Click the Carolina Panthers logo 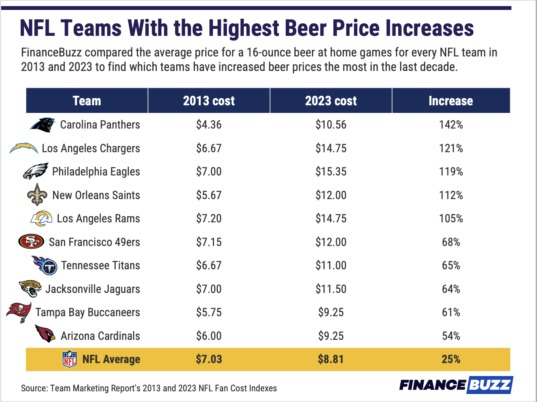[x=43, y=125]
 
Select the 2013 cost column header [x=209, y=101]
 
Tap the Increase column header [x=450, y=101]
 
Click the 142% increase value [x=451, y=125]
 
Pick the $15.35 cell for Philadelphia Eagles [x=331, y=172]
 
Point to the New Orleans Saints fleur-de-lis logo [x=37, y=195]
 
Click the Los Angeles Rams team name [x=98, y=219]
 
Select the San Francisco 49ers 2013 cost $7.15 [x=209, y=242]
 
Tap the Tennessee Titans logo [x=45, y=265]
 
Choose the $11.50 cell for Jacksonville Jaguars [x=331, y=289]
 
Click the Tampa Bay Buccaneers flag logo [x=19, y=312]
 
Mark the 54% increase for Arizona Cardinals [x=451, y=336]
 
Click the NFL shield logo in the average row [x=69, y=359]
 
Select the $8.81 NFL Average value [x=331, y=359]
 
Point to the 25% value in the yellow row [x=451, y=359]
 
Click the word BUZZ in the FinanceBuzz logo [x=489, y=385]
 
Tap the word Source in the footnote [x=34, y=388]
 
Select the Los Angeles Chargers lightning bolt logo [x=24, y=148]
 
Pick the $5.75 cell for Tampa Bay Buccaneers [x=209, y=312]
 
